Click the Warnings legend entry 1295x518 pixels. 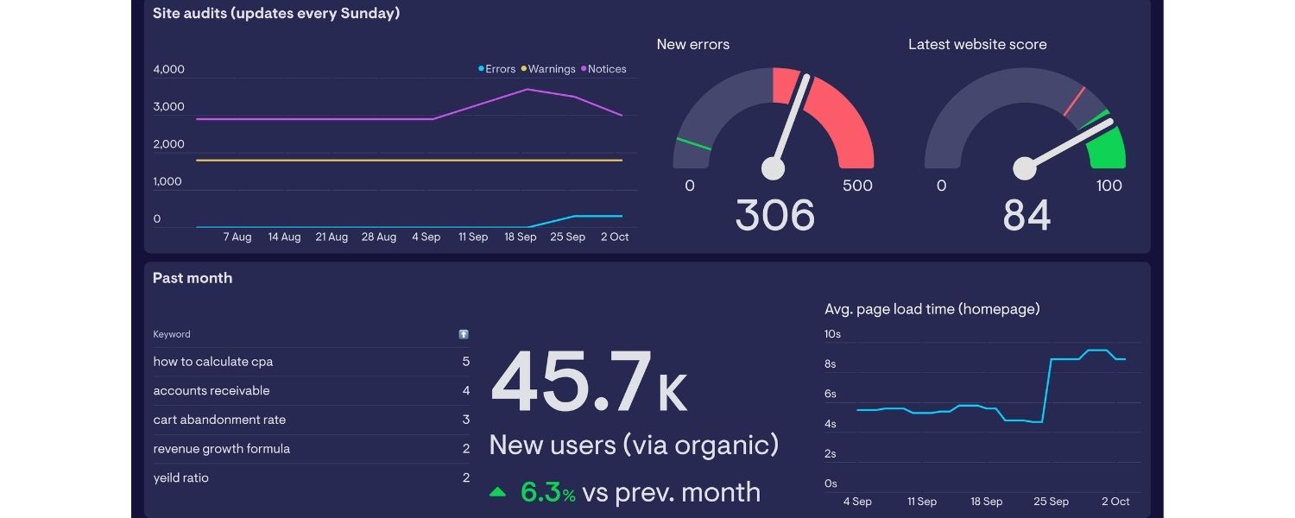(x=552, y=69)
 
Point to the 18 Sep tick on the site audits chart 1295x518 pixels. (x=521, y=237)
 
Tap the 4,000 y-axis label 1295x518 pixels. (x=168, y=69)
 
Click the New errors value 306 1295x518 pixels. (x=774, y=215)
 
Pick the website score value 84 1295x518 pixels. (x=1027, y=215)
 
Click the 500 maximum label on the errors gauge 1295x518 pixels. (x=857, y=186)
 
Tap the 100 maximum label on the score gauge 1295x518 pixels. (x=1109, y=186)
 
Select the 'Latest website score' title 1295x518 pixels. (x=977, y=45)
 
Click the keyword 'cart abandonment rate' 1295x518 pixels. (x=219, y=420)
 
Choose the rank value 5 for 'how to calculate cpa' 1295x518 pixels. (x=466, y=362)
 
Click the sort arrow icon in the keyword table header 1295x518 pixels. (x=464, y=334)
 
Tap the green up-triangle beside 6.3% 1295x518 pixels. (x=497, y=493)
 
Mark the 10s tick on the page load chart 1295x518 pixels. (x=832, y=334)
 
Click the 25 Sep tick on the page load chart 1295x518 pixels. (x=1051, y=502)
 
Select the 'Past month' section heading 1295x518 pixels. (x=193, y=278)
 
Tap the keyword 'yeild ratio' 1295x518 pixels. (x=181, y=478)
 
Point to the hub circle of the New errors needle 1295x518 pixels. (x=773, y=168)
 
